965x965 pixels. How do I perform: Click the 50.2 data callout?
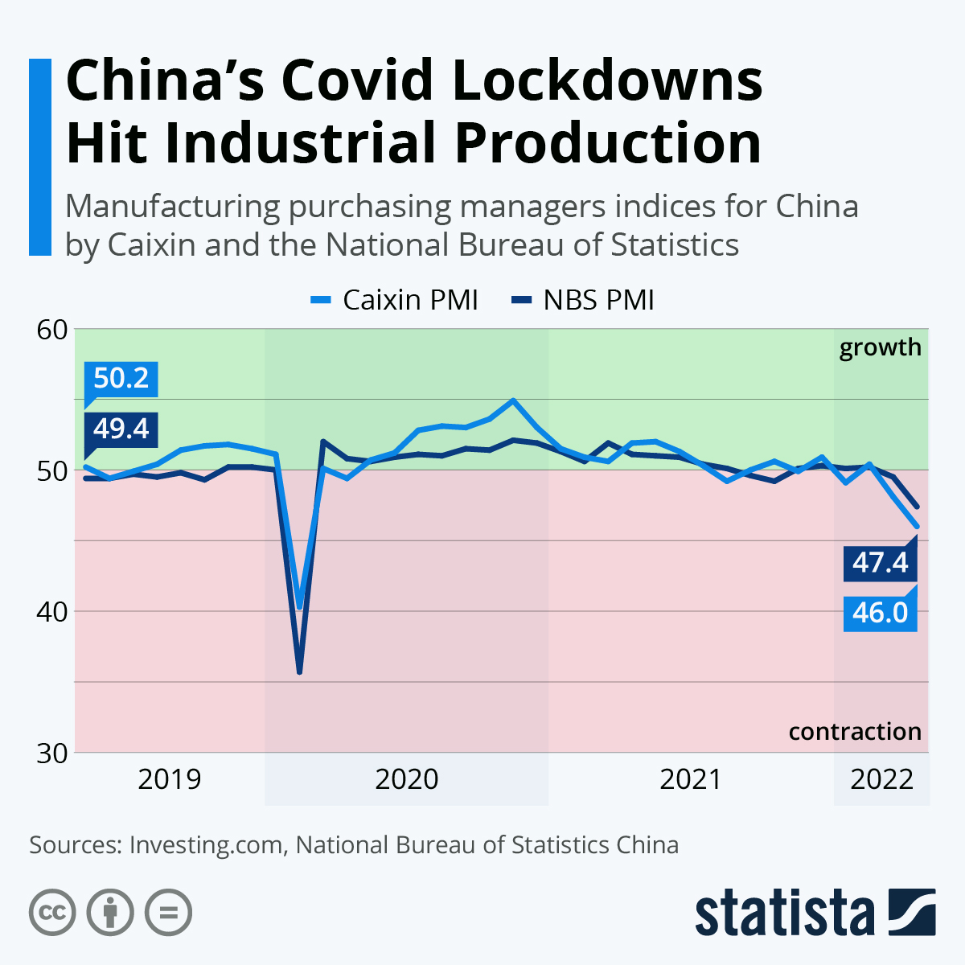tap(121, 378)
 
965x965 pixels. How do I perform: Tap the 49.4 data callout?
tap(121, 429)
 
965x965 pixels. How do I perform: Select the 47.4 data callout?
tap(880, 562)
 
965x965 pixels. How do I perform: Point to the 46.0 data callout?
tap(880, 613)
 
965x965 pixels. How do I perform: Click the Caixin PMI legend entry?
tap(395, 300)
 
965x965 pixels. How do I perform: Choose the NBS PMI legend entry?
tap(583, 300)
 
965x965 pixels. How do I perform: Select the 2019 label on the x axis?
tap(169, 779)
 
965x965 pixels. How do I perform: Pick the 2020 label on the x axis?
tap(407, 779)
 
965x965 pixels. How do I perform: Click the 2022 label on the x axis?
tap(881, 779)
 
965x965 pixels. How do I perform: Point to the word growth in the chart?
tap(880, 347)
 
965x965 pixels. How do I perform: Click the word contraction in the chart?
tap(855, 732)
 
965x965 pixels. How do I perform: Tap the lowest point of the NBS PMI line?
tap(299, 671)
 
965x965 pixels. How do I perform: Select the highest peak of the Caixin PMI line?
tap(513, 400)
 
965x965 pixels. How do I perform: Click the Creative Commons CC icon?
tap(52, 913)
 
